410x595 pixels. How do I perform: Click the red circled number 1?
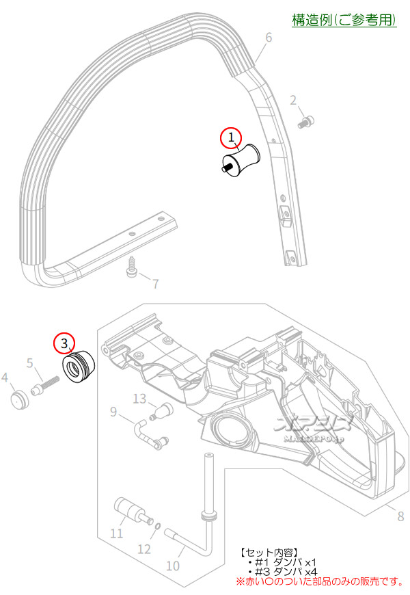pos(231,138)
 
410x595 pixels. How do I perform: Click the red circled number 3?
pos(64,342)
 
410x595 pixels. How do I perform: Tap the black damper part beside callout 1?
pos(240,159)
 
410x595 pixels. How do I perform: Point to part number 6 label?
pos(269,37)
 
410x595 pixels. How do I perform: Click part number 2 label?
pos(294,101)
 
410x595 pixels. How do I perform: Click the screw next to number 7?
pos(132,271)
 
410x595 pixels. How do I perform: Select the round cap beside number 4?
pos(20,398)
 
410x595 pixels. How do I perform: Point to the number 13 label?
pos(139,399)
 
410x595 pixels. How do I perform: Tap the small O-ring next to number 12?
pos(157,526)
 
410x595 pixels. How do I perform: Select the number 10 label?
pos(173,566)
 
